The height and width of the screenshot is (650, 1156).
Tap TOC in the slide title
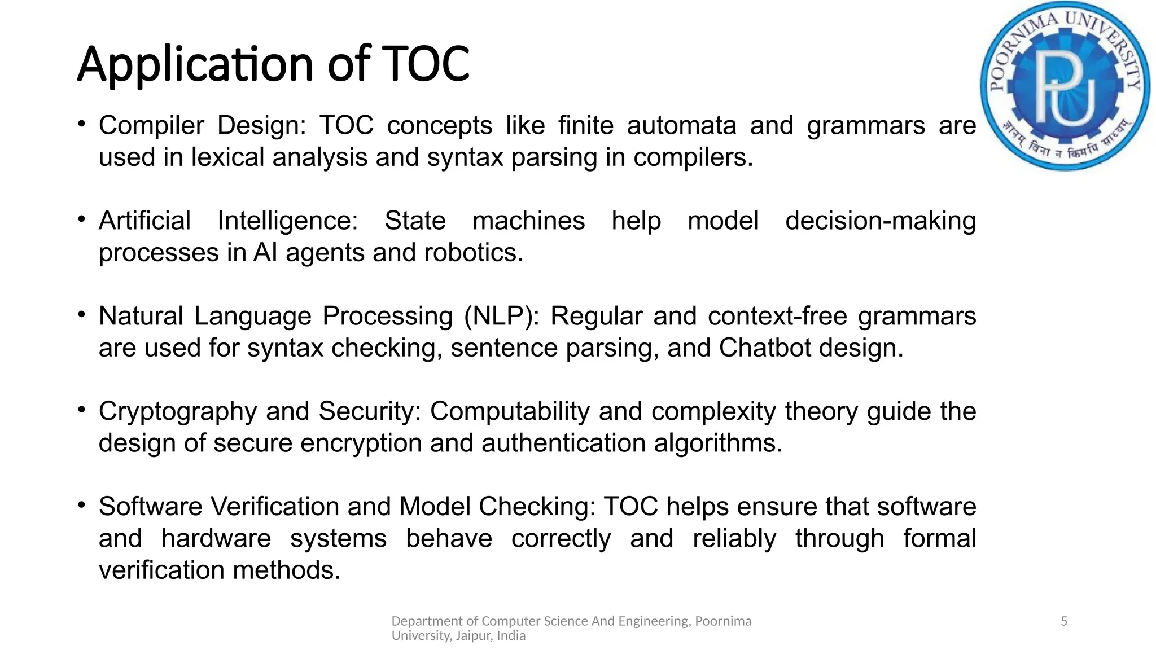[x=426, y=64]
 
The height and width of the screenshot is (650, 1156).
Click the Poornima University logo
[x=1065, y=86]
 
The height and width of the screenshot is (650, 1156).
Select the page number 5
[x=1064, y=621]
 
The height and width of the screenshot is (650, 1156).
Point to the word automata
[x=681, y=125]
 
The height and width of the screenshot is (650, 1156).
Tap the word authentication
[x=563, y=443]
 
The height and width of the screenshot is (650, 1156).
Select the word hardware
[x=216, y=538]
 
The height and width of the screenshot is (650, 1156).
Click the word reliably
[x=734, y=538]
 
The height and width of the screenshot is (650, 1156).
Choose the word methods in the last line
[x=286, y=570]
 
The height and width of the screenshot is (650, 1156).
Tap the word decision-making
[x=881, y=221]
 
